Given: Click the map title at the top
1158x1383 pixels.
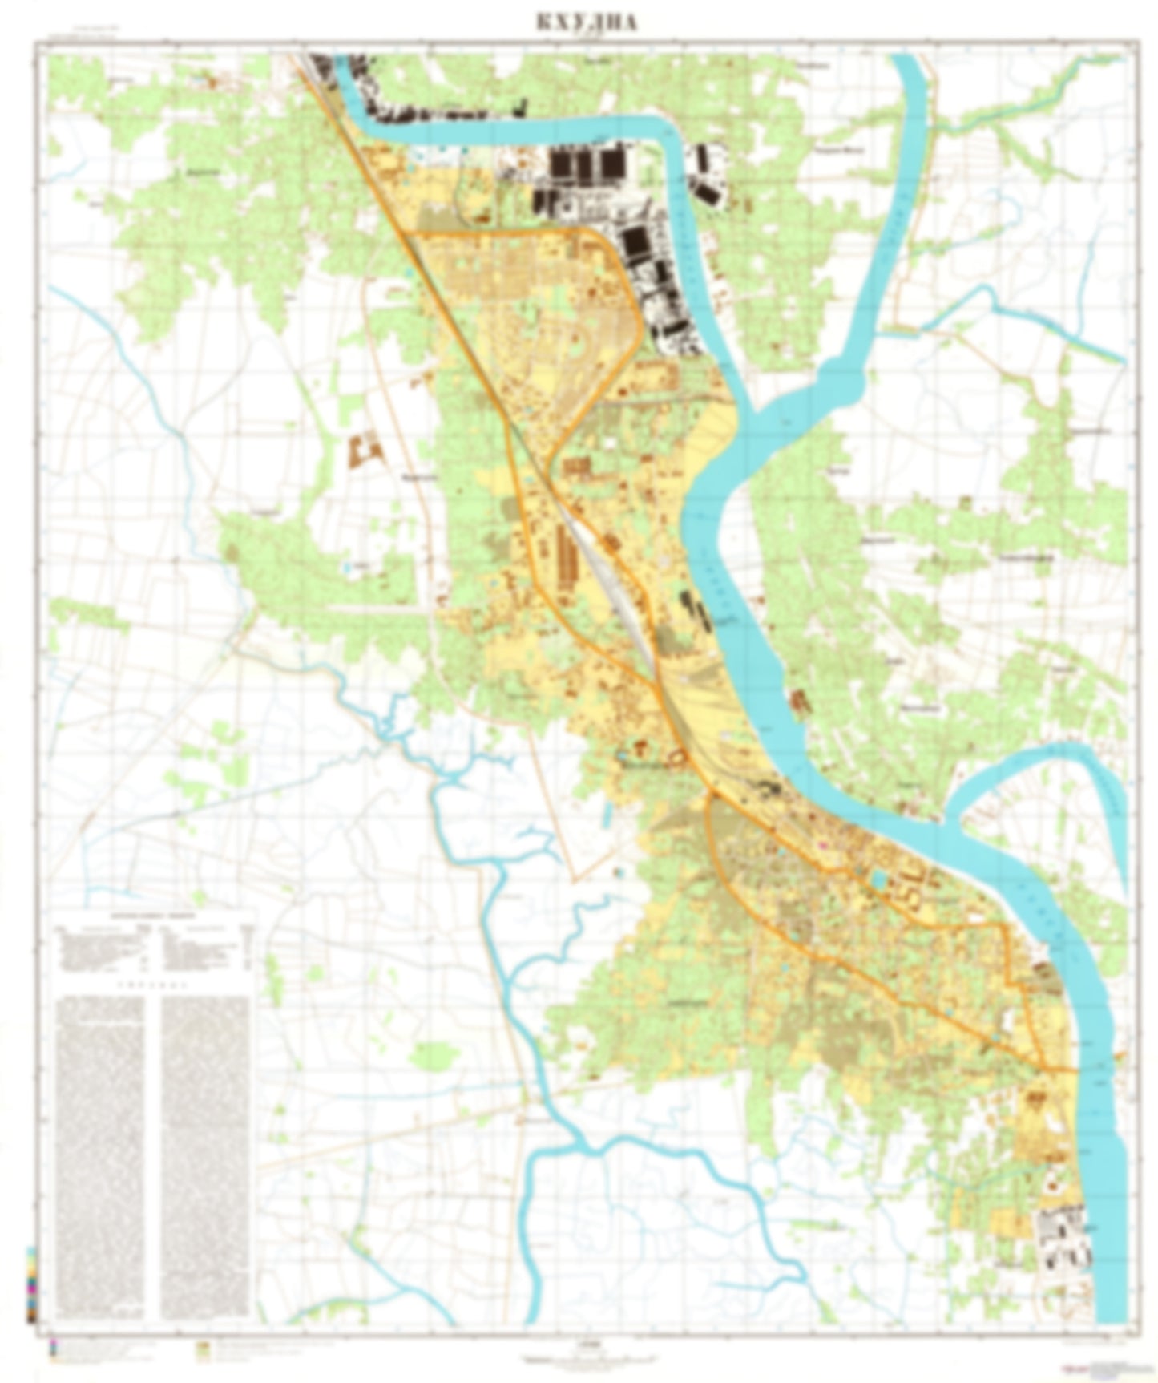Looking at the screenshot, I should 587,22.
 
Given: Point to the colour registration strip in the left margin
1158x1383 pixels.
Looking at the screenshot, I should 31,1283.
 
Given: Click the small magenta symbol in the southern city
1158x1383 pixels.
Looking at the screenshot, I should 820,844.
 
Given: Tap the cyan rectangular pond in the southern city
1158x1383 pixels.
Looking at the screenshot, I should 879,880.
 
